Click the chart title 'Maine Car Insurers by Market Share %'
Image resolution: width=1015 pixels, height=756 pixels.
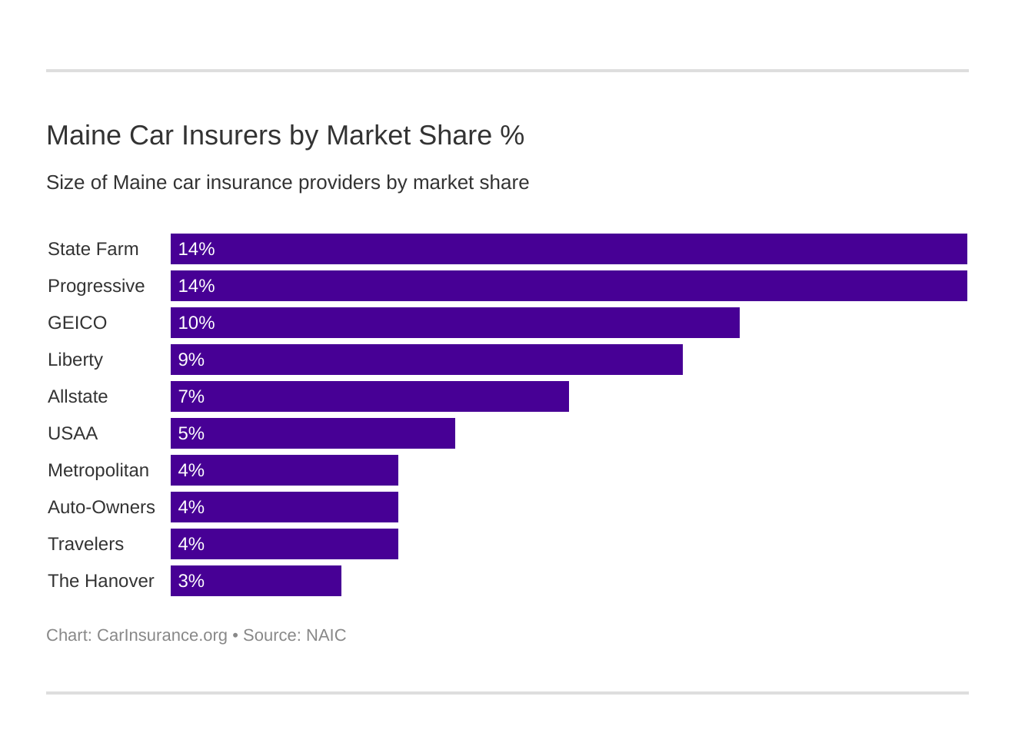click(285, 135)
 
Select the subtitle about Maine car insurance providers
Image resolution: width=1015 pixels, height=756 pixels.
click(288, 183)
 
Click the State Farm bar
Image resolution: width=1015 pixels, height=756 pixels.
click(568, 249)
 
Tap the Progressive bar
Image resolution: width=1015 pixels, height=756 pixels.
click(568, 286)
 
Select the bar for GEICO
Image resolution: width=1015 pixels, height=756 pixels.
click(454, 323)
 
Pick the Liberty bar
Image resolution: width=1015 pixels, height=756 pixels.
click(426, 360)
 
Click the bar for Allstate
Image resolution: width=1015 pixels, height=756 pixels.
click(369, 396)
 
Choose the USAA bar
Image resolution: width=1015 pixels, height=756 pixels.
click(312, 433)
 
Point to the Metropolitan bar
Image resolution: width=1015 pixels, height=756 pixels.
click(284, 470)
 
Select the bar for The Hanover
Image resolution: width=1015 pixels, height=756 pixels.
click(255, 581)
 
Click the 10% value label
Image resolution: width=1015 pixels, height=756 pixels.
click(196, 323)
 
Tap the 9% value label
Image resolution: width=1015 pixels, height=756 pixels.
click(191, 360)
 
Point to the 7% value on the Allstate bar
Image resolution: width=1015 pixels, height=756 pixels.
click(191, 396)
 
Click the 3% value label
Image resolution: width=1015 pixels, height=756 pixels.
click(191, 581)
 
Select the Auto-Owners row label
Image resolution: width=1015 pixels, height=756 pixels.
click(101, 507)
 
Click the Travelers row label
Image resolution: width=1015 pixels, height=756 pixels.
click(85, 544)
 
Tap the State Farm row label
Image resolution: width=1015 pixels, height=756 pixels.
click(93, 249)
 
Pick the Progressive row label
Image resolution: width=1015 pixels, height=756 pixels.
click(96, 286)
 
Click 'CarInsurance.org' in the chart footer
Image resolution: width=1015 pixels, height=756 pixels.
click(161, 635)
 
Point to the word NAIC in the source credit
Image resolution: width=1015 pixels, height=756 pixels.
click(326, 635)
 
